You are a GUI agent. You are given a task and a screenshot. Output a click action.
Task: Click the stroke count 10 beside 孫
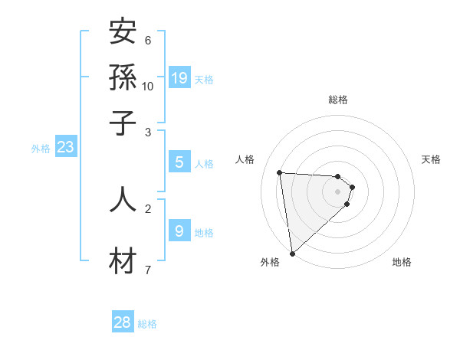[x=148, y=86]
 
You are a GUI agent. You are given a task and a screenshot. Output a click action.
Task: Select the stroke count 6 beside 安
[x=148, y=40]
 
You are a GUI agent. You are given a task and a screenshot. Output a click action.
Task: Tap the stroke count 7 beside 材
[x=148, y=270]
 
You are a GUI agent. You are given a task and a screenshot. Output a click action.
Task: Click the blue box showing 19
[x=179, y=77]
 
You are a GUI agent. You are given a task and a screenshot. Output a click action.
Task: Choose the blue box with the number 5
[x=179, y=162]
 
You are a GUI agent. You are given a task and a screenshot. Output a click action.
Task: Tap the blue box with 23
[x=65, y=147]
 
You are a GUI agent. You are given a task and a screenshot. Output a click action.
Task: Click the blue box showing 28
[x=123, y=322]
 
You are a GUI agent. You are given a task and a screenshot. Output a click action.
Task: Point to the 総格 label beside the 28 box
[x=147, y=324]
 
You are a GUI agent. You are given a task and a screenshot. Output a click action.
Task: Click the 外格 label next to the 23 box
[x=40, y=149]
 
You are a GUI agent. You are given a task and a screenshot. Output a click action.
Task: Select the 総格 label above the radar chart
[x=338, y=100]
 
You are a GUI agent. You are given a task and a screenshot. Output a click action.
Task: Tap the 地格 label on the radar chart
[x=402, y=262]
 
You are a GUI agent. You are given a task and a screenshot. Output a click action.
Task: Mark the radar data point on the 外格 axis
[x=292, y=253]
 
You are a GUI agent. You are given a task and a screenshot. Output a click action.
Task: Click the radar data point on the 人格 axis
[x=279, y=172]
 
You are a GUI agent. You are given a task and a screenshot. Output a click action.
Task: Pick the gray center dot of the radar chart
[x=338, y=191]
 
